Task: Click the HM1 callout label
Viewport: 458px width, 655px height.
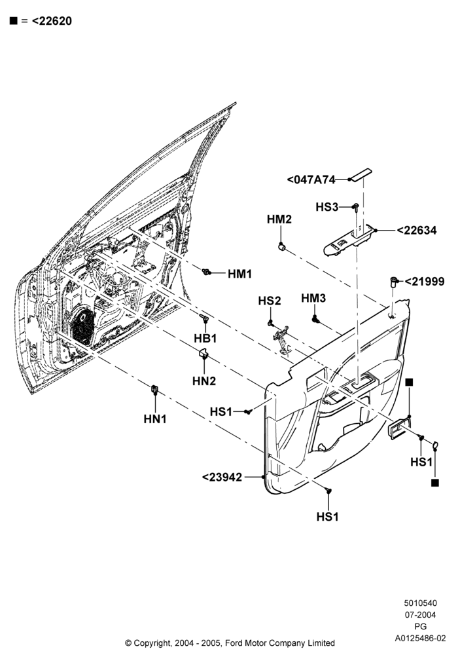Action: pos(240,274)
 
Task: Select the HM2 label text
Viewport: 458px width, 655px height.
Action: pos(279,219)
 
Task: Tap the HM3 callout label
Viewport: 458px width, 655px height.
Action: pos(313,298)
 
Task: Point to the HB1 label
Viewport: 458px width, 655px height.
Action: pos(205,339)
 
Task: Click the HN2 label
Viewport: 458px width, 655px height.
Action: pos(204,381)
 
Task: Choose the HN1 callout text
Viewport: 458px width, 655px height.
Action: pos(155,419)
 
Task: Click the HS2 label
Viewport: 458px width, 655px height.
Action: pos(270,301)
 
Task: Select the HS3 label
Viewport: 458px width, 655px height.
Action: pos(327,207)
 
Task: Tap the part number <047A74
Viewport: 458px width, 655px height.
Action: pos(311,180)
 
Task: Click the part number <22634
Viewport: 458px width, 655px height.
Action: pos(416,231)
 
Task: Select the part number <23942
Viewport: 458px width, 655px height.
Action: pos(222,477)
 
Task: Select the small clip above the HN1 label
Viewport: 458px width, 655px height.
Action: pos(154,389)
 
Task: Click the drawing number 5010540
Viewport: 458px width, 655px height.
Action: pos(421,603)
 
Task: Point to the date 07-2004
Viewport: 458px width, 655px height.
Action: pos(421,615)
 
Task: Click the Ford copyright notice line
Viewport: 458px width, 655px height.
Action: pos(230,643)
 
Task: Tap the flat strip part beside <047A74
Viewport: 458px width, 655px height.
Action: pos(361,175)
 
